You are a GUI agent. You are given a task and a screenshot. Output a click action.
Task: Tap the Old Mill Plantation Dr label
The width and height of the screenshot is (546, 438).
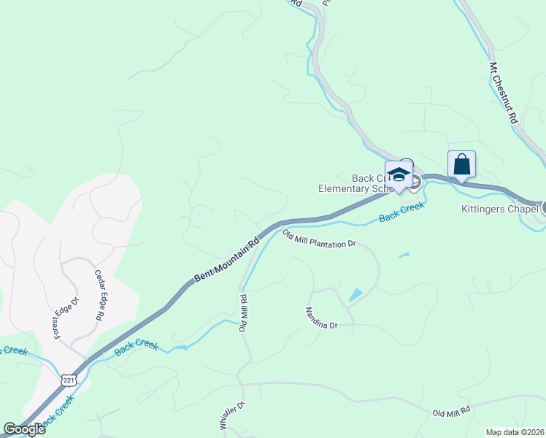coord(319,239)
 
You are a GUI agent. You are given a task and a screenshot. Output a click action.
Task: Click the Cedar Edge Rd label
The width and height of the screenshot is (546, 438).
coord(99,296)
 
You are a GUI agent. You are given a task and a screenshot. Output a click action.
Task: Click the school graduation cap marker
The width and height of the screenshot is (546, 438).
coord(399,174)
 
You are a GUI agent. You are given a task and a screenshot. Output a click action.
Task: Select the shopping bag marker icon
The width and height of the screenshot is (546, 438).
coord(461,164)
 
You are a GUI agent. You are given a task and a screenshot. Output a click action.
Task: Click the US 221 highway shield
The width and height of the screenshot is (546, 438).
coord(69,380)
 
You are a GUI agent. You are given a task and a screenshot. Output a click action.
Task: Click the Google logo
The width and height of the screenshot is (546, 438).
coord(23,429)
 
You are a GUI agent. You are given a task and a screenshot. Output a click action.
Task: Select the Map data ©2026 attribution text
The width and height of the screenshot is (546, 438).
coord(514,432)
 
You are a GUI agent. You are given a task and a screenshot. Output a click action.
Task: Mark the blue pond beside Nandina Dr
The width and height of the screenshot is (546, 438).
coord(355,295)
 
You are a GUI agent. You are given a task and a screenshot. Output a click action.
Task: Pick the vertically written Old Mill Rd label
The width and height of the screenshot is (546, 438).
coord(244,313)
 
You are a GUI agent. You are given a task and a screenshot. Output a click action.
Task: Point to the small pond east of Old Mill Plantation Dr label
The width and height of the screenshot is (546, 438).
coord(404,255)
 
